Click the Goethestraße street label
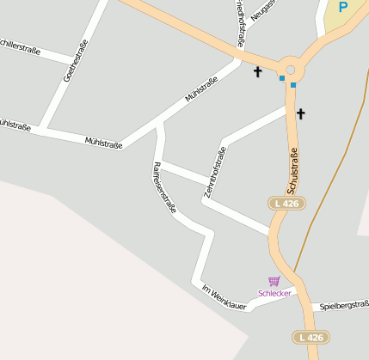click(76, 60)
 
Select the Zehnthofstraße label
click(215, 174)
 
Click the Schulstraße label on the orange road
click(292, 170)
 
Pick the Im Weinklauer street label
click(224, 297)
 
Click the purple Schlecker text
click(274, 293)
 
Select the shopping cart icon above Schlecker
click(274, 281)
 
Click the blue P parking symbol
click(343, 8)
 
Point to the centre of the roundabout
click(290, 70)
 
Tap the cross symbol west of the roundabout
click(257, 72)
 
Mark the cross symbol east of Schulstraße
click(301, 113)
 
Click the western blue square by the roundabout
click(281, 78)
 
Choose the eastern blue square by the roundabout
click(293, 85)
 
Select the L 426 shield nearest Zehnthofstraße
click(286, 204)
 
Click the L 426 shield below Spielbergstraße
click(310, 337)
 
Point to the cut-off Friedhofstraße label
click(239, 22)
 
